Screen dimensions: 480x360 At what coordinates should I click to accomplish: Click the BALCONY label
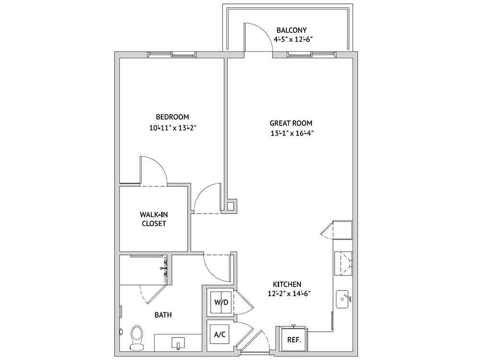291,30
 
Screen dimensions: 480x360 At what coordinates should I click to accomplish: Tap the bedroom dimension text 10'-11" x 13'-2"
172,128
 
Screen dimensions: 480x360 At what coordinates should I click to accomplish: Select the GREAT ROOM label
291,123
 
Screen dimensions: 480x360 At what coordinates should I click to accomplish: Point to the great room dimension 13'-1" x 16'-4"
292,133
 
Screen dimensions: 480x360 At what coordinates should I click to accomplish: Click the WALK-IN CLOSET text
154,219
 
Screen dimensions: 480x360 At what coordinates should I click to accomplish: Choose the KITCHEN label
287,284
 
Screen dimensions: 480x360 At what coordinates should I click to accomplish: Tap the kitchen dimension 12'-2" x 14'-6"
289,294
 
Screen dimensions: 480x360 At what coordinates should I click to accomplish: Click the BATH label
163,315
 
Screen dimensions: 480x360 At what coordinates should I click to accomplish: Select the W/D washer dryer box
221,302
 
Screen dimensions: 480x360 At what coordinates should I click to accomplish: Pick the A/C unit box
219,335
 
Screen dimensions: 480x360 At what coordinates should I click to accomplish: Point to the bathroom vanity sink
178,343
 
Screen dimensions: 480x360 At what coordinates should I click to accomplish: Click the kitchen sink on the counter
344,299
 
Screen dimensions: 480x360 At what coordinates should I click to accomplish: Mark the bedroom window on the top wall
172,55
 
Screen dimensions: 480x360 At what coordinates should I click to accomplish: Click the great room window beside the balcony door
312,55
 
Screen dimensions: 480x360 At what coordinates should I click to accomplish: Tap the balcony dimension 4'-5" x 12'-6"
293,39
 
